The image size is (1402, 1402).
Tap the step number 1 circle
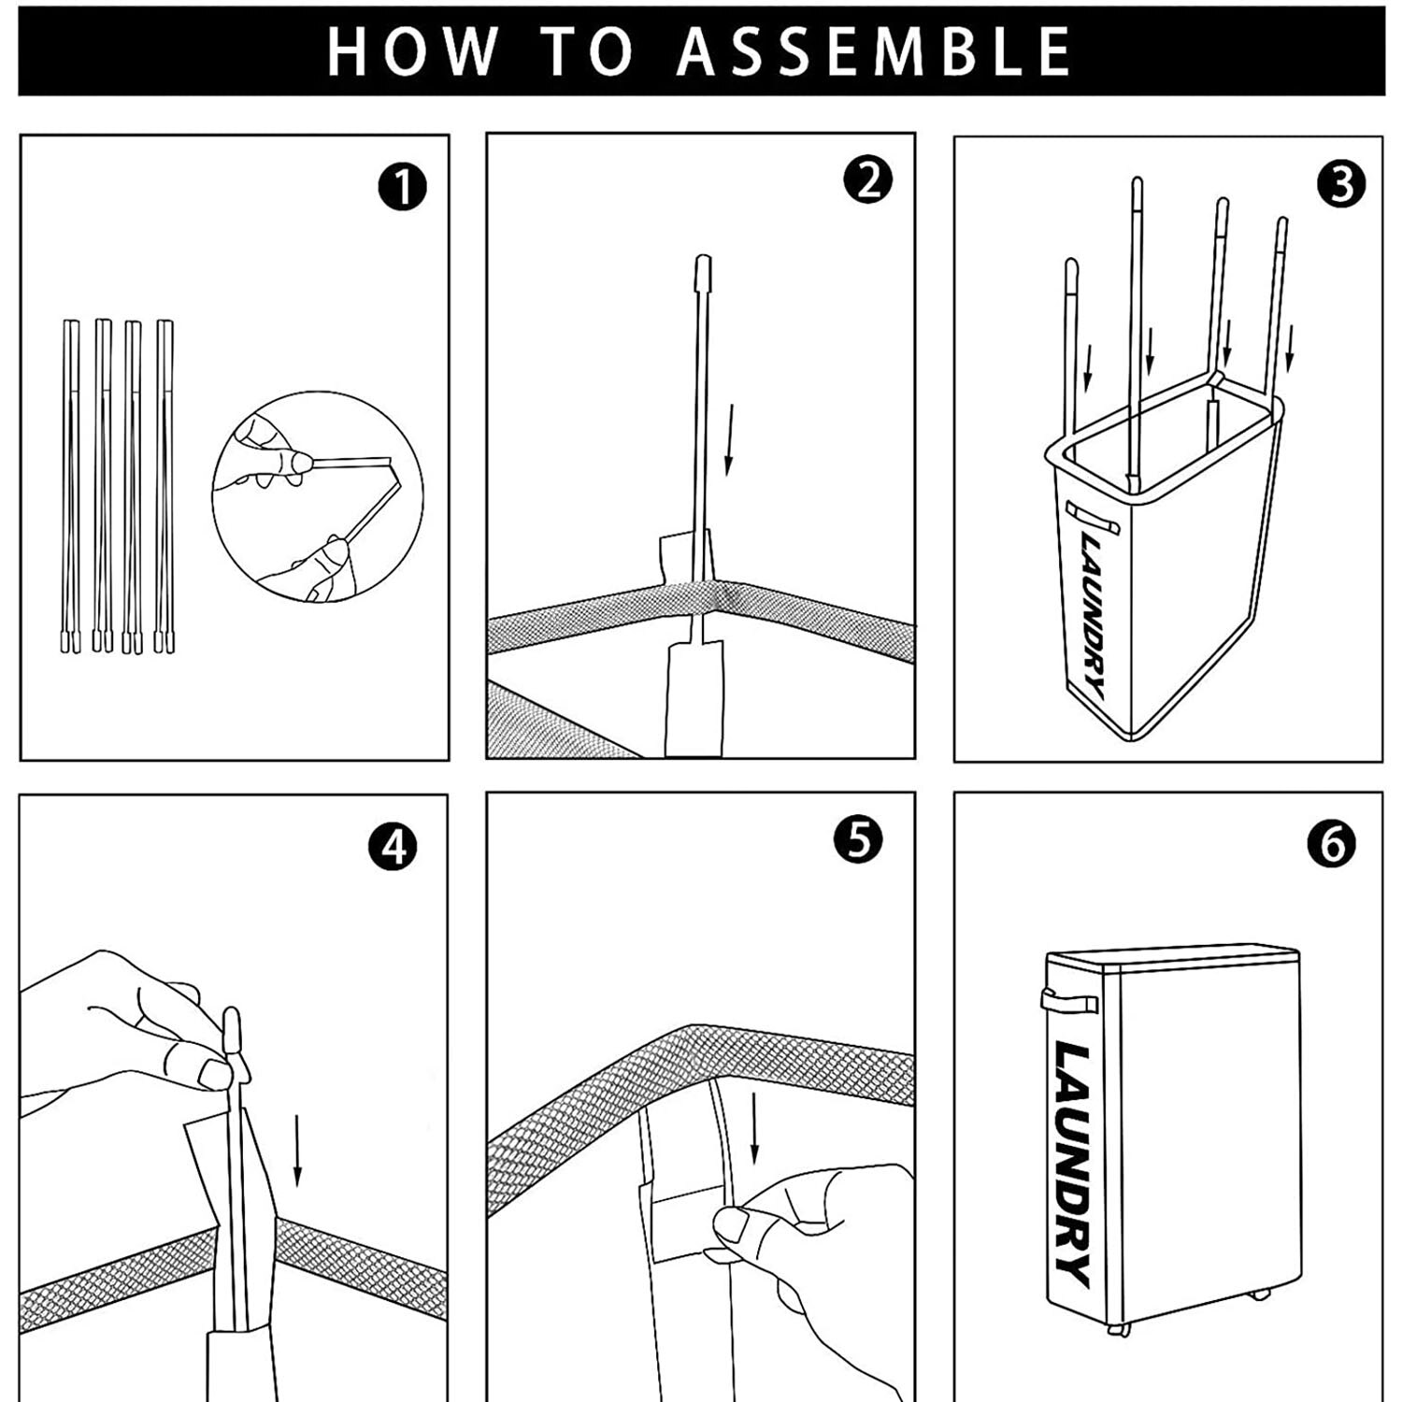403,187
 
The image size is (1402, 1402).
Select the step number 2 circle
868,180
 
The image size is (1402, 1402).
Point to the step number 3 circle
1341,185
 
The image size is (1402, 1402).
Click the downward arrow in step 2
731,439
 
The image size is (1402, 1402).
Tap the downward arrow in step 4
297,1150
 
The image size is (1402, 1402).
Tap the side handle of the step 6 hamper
1068,1004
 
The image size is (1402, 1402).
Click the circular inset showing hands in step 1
317,496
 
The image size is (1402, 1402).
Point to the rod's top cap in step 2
703,274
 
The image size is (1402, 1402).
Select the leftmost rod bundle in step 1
71,486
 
